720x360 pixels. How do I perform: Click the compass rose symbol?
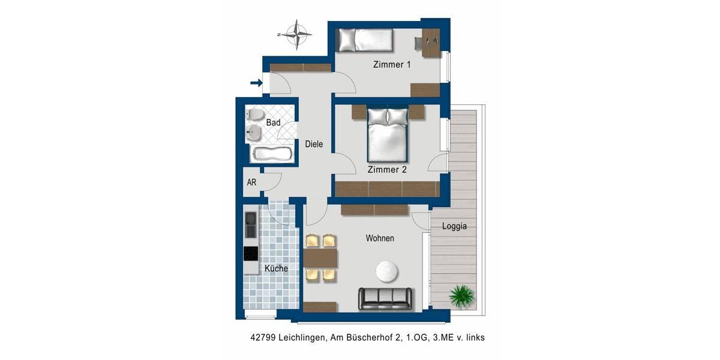296,35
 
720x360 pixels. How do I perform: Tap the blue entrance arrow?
256,83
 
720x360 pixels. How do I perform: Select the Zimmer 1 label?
391,65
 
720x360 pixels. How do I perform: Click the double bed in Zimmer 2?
387,136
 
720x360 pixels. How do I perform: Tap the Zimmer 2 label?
387,170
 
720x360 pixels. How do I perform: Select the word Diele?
314,144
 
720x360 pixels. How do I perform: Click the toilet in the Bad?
255,115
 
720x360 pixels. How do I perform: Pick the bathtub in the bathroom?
272,154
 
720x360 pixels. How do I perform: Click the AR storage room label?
252,182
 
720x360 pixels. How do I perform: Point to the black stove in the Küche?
251,254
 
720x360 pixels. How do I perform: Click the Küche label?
276,269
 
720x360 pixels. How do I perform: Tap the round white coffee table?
388,271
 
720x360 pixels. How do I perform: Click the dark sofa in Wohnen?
385,298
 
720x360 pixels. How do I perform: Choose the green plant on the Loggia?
462,295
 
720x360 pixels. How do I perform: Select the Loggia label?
454,227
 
